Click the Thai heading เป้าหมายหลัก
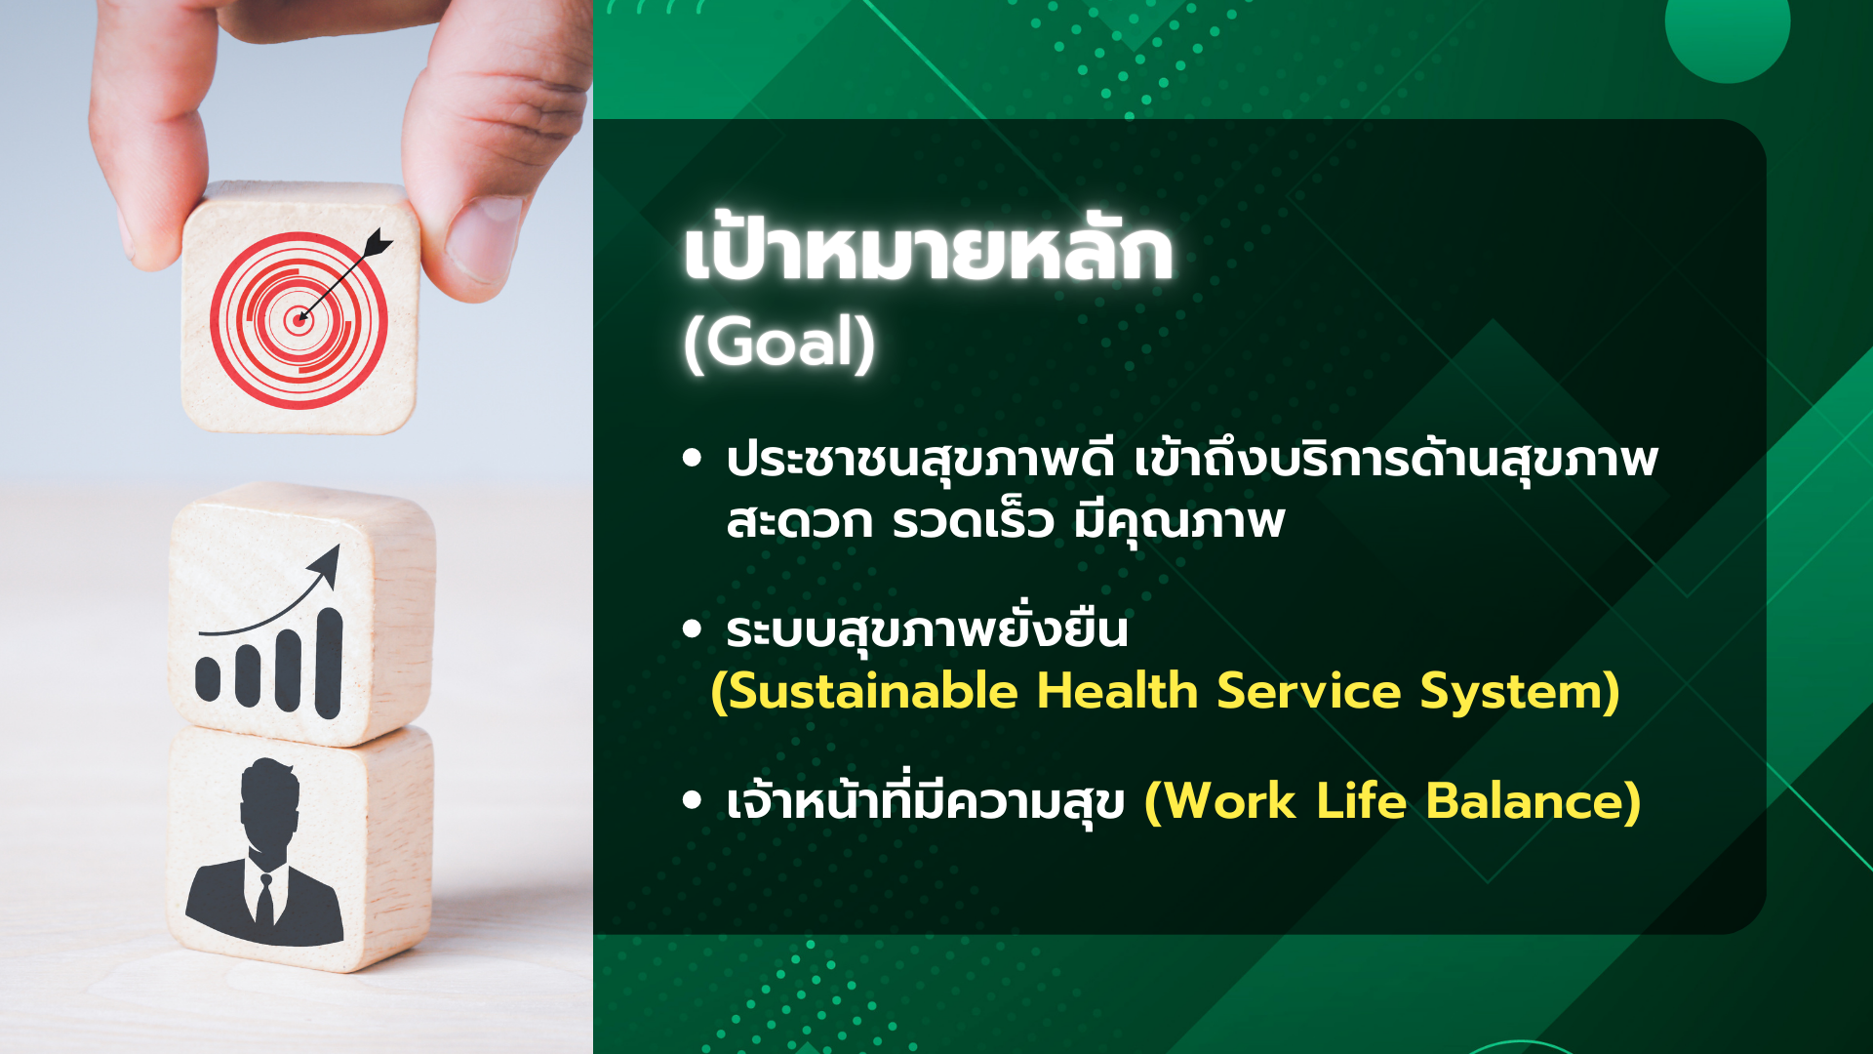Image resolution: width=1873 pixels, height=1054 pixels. (928, 252)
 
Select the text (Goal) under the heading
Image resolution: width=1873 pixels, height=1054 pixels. (779, 343)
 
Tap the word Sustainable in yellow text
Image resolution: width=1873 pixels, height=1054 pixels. (864, 691)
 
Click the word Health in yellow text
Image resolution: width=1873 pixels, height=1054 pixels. (1117, 690)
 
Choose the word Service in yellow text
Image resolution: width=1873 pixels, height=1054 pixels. (1308, 691)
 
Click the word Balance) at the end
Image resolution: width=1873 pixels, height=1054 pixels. (1534, 801)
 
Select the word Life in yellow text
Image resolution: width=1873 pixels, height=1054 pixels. (1361, 800)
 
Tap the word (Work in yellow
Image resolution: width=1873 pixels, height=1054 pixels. (1220, 801)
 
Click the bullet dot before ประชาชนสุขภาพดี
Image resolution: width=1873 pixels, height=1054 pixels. (693, 458)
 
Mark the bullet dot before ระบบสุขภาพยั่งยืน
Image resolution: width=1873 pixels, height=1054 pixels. (693, 629)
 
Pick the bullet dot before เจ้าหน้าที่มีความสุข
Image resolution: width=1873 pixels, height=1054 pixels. (693, 800)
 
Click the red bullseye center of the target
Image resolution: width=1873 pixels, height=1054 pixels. (299, 319)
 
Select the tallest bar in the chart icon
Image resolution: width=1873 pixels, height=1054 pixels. (329, 663)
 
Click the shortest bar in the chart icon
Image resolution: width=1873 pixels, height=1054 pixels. (208, 679)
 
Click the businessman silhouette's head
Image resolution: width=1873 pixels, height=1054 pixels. (269, 805)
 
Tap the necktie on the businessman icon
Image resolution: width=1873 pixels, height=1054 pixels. (264, 902)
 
